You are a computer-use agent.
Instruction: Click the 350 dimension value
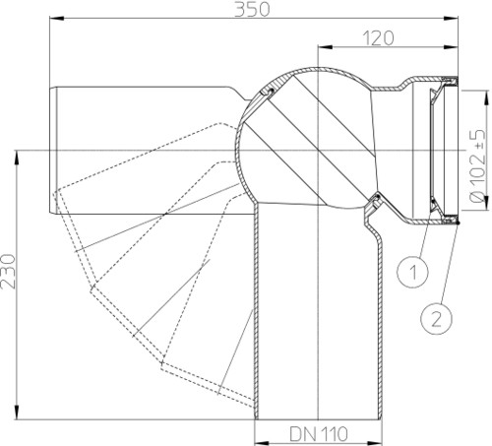(x=252, y=9)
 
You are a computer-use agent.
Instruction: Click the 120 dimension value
(x=378, y=38)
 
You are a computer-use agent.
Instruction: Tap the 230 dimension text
(x=9, y=272)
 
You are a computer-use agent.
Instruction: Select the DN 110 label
(x=318, y=434)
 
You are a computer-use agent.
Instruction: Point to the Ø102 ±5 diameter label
(x=478, y=165)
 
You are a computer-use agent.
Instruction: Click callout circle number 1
(x=413, y=272)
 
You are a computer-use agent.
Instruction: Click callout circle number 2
(x=436, y=319)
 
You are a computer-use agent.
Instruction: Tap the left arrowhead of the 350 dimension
(x=56, y=19)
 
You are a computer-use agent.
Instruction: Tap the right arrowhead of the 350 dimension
(x=451, y=19)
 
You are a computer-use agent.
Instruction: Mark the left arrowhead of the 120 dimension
(x=325, y=47)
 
